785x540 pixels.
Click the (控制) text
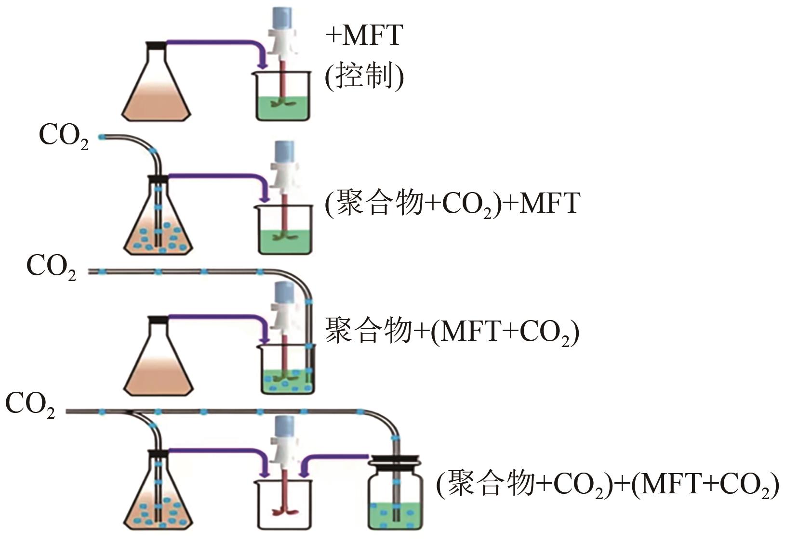click(364, 76)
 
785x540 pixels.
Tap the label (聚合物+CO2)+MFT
click(452, 203)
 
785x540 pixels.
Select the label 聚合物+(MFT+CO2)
click(452, 332)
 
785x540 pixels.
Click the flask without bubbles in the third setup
click(158, 361)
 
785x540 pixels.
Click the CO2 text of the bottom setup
click(30, 404)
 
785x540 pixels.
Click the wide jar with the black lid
click(395, 496)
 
